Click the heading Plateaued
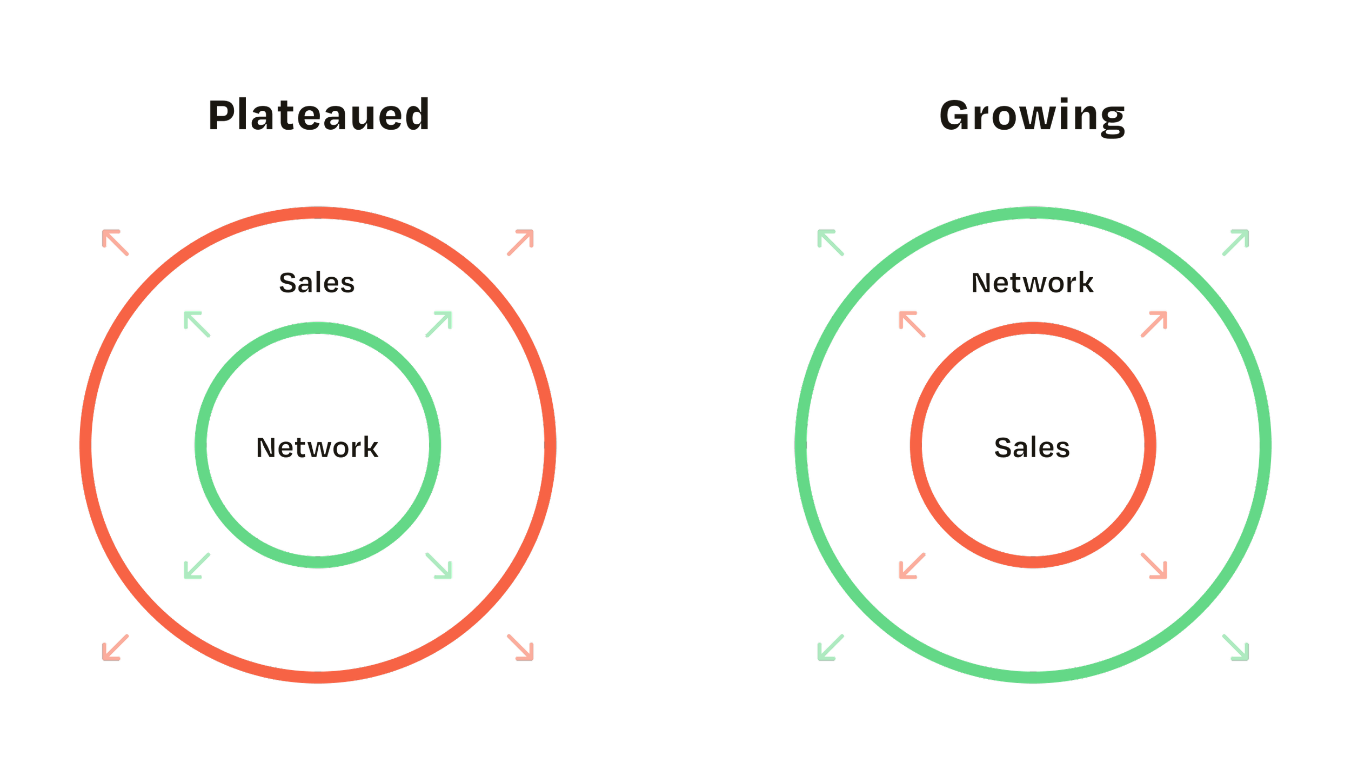click(319, 116)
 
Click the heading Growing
click(1032, 116)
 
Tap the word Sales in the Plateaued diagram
click(317, 283)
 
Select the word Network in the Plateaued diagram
click(318, 447)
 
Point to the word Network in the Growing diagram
click(1032, 283)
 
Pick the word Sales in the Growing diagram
click(1032, 447)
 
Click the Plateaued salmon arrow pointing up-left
click(117, 244)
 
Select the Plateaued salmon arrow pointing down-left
click(116, 647)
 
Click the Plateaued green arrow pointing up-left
click(198, 325)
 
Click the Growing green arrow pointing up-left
click(831, 244)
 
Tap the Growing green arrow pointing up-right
click(1234, 244)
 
